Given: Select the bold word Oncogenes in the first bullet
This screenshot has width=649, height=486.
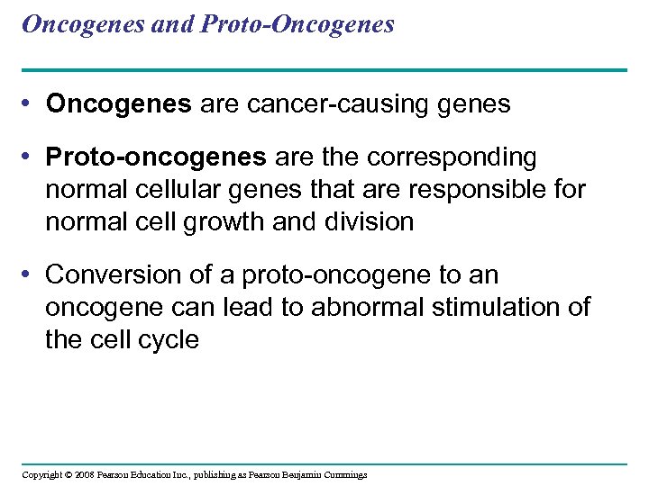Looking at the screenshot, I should (x=119, y=104).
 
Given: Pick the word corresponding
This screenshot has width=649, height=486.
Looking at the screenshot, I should (x=452, y=157).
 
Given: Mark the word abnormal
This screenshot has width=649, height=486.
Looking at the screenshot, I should (x=368, y=307).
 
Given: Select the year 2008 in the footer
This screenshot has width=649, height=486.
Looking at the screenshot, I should (x=86, y=474).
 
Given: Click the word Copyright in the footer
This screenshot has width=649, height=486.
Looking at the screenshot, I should (x=41, y=474).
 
